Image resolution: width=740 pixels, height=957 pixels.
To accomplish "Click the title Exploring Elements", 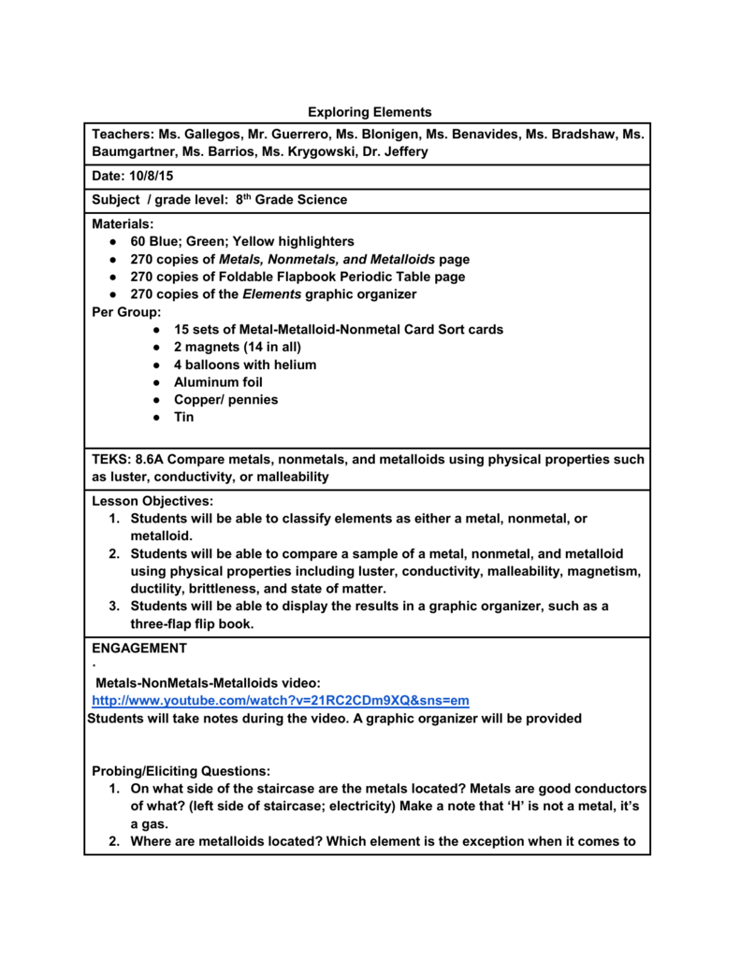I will click(370, 112).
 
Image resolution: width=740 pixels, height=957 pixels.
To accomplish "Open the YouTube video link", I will click(280, 700).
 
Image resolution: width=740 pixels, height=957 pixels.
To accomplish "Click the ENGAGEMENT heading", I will click(139, 648).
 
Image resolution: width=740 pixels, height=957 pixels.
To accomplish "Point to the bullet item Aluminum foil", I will click(218, 382).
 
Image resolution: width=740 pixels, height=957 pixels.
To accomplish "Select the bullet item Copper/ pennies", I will click(225, 400).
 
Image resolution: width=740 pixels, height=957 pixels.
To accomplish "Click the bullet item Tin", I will click(184, 417).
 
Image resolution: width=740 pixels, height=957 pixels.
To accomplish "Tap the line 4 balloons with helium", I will click(245, 364).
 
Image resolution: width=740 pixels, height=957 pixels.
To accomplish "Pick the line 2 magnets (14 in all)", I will click(238, 347).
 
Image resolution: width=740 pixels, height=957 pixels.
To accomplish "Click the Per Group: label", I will click(126, 312).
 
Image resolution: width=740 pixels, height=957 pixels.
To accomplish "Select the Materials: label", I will click(123, 224).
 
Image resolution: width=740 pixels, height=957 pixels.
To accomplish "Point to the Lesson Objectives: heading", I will click(152, 501).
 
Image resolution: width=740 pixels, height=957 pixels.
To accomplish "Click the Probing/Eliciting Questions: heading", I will click(181, 771).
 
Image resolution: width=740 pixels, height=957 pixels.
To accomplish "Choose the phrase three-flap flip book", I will click(192, 623).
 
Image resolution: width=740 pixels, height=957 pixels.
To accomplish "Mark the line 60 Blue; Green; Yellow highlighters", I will click(242, 241).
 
